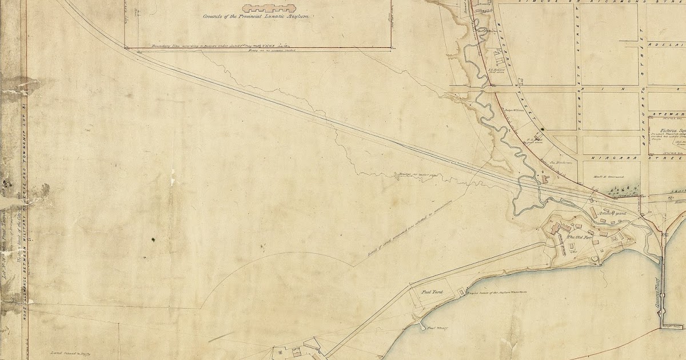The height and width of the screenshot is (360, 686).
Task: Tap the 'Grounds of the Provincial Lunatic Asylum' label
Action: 256,17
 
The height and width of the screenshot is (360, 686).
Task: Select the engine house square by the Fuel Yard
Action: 461,293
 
